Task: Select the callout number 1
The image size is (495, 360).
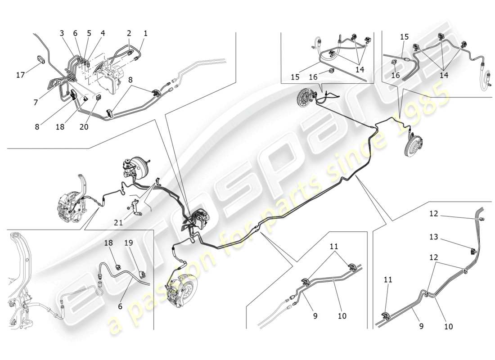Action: click(145, 33)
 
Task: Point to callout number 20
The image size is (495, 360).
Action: click(84, 127)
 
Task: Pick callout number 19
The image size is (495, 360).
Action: click(129, 243)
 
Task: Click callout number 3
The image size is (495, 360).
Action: click(62, 33)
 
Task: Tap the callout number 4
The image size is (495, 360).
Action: click(103, 33)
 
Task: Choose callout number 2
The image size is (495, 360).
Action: click(129, 33)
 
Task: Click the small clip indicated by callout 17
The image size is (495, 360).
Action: click(40, 59)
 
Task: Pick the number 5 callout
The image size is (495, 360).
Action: click(89, 33)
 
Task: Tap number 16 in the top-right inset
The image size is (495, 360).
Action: click(395, 76)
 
